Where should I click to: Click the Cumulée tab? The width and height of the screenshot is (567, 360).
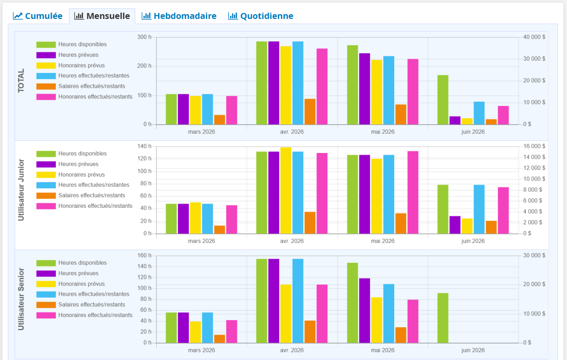[x=38, y=16]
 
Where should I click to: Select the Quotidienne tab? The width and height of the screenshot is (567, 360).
[x=261, y=16]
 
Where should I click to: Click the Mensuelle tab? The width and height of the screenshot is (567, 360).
[x=102, y=16]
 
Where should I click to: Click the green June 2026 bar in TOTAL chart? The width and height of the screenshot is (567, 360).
[x=443, y=100]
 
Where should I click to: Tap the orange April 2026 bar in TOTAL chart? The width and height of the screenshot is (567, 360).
[x=310, y=112]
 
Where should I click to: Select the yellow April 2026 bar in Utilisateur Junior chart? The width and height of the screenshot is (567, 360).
[x=286, y=190]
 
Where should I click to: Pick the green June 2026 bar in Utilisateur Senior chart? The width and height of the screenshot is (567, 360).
[x=443, y=318]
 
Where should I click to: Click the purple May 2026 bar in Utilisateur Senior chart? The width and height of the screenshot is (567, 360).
[x=364, y=311]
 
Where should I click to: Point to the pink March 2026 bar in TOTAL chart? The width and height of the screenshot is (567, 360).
[x=231, y=110]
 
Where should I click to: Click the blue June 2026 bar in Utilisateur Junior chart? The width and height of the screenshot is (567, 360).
[x=479, y=209]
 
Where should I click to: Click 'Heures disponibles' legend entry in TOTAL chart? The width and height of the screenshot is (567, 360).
[x=82, y=45]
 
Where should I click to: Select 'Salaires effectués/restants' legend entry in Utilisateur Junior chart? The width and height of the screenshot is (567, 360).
[x=91, y=196]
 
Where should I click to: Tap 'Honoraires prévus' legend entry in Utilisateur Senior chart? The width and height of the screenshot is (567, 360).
[x=81, y=284]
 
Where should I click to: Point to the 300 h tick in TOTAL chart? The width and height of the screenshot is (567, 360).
[x=144, y=37]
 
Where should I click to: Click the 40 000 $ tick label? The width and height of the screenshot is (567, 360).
[x=534, y=37]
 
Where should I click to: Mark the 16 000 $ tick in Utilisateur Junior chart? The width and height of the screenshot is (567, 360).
[x=534, y=146]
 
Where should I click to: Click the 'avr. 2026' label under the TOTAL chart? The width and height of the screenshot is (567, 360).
[x=292, y=132]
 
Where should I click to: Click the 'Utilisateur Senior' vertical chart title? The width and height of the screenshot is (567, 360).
[x=21, y=299]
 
